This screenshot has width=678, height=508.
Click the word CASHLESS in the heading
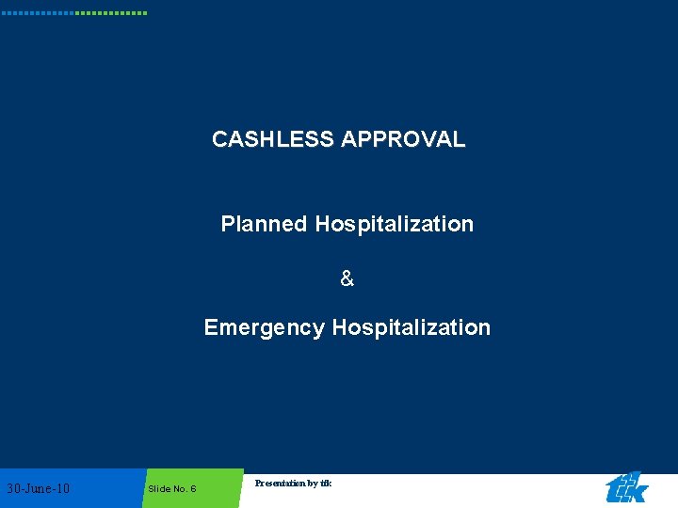point(273,139)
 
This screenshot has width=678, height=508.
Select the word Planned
point(264,224)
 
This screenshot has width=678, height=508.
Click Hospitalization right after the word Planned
point(395,224)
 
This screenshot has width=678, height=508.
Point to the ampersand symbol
point(347,278)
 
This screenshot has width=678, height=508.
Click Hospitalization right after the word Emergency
point(412,327)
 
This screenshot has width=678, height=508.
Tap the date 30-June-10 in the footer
point(38,488)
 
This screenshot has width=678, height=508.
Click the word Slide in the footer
point(158,489)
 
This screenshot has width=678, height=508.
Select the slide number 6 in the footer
point(192,489)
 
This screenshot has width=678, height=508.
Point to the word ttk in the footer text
point(326,484)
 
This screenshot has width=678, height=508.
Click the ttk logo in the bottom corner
point(626,488)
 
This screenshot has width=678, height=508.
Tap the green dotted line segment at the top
point(111,13)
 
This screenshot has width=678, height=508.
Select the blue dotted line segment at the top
point(38,13)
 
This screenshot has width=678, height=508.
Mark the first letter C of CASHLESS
point(219,139)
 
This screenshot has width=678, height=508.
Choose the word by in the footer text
point(314,484)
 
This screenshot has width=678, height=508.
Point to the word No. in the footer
point(178,489)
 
